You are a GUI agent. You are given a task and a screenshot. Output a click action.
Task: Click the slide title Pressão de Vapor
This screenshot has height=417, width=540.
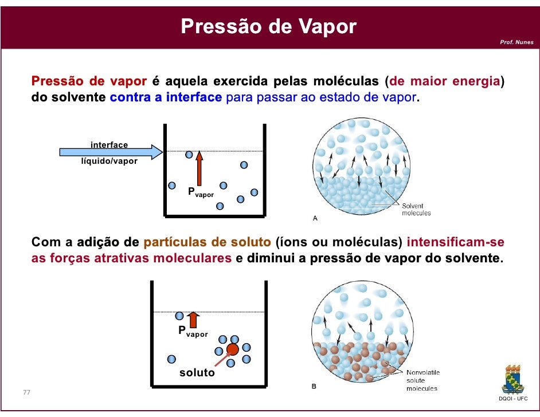coord(269,26)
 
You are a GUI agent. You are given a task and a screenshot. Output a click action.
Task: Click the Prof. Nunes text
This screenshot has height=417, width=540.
coord(516,42)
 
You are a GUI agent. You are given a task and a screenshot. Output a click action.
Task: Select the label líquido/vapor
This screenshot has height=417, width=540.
coord(109,162)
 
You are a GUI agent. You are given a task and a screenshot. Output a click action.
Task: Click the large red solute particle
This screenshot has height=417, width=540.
coord(232,349)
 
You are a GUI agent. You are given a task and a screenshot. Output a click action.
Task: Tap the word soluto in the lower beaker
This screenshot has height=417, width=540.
coord(197,373)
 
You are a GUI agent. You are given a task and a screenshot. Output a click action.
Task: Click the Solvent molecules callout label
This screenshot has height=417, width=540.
coord(416,210)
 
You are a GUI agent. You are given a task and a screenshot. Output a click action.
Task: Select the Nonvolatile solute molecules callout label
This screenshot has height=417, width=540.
coord(422,380)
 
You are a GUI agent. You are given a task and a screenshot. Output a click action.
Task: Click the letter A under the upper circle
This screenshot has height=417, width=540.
coord(315,218)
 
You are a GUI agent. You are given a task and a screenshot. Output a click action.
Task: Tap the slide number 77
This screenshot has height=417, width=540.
coord(26,392)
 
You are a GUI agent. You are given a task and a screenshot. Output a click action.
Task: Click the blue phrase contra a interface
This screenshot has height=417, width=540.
coord(165,97)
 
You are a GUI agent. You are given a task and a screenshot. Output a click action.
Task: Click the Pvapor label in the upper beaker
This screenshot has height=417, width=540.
coord(201,192)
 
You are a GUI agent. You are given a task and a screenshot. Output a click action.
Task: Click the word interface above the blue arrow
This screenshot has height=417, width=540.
coord(109,145)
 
